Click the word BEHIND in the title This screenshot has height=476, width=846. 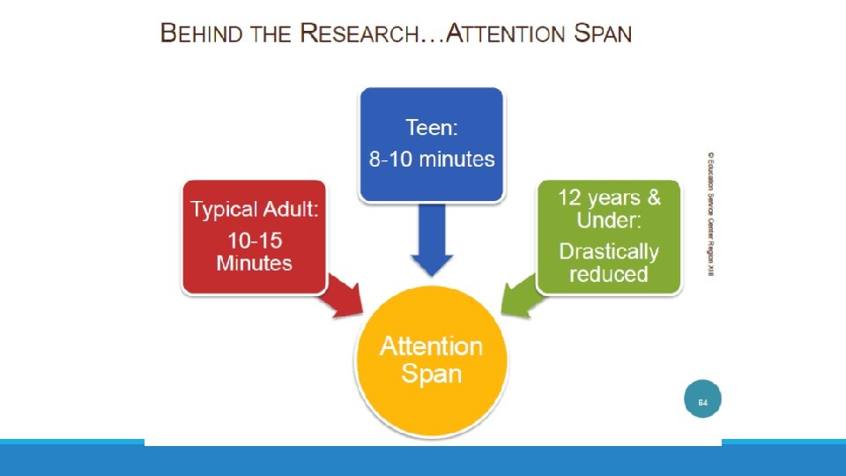200,34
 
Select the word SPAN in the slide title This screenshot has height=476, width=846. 602,34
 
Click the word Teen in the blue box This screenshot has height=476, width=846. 432,129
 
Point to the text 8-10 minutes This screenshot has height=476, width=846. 432,160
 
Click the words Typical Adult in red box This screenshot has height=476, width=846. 254,210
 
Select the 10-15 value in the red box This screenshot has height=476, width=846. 254,241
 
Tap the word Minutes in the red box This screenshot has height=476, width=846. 254,263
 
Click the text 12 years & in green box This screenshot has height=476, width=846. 609,197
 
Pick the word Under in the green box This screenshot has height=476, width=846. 609,219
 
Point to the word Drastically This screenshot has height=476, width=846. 609,251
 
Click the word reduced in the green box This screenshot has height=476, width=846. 609,274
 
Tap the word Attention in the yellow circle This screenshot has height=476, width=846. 431,346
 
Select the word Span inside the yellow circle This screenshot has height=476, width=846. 431,374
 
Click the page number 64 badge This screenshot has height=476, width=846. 702,402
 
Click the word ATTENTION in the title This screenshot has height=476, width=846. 503,34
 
